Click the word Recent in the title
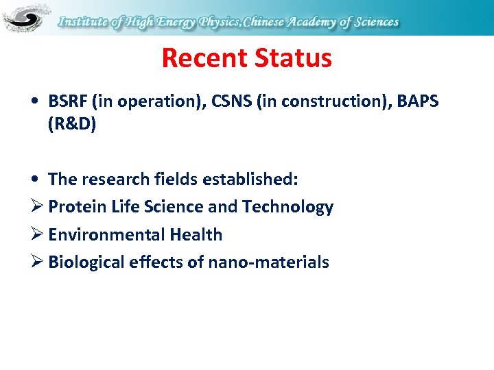(203, 59)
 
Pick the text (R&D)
(72, 125)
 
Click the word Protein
(78, 207)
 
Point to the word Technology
(292, 207)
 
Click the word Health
(196, 235)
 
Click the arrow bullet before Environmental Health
(38, 235)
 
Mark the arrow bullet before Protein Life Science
(38, 207)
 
